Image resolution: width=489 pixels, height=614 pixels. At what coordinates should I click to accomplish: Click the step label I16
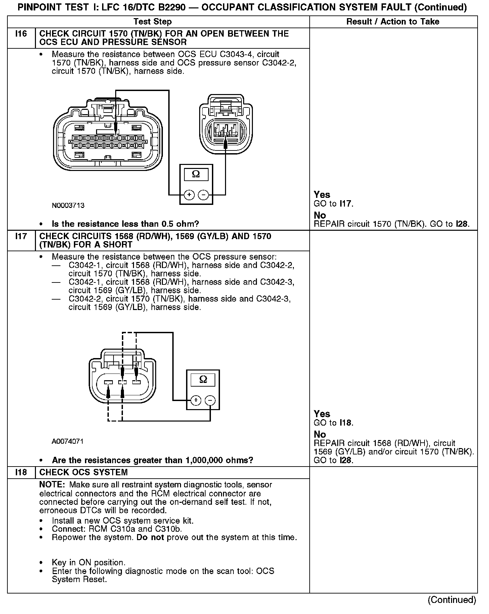(x=21, y=34)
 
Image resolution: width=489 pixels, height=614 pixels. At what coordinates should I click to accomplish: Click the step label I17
(x=21, y=236)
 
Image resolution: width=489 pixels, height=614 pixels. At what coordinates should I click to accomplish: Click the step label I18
(x=21, y=472)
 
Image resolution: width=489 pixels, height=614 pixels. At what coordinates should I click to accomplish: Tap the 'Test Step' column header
(x=152, y=22)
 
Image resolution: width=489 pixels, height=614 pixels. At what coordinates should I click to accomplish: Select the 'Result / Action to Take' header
(x=393, y=22)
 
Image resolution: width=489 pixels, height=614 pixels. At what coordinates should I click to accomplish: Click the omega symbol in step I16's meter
(x=196, y=174)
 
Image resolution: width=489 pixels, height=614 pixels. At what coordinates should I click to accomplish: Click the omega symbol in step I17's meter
(x=203, y=379)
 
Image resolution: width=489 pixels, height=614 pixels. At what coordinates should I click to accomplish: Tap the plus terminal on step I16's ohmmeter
(x=189, y=195)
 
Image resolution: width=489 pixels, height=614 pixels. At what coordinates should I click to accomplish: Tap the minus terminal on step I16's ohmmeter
(x=203, y=195)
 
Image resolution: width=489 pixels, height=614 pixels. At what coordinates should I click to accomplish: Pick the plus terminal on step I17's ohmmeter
(x=196, y=400)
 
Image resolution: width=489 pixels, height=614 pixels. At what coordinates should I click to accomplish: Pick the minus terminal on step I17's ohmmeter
(x=210, y=400)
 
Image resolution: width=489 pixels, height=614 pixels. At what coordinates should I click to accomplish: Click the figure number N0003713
(x=68, y=206)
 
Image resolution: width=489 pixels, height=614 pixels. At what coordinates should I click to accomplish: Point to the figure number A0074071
(x=68, y=441)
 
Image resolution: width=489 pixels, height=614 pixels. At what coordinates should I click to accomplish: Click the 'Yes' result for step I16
(x=322, y=194)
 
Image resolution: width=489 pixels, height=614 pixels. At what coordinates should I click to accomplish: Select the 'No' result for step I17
(x=320, y=434)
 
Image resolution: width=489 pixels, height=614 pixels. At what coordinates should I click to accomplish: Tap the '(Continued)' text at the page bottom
(x=452, y=600)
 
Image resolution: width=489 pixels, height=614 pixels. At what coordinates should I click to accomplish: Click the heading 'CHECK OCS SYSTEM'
(x=83, y=472)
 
